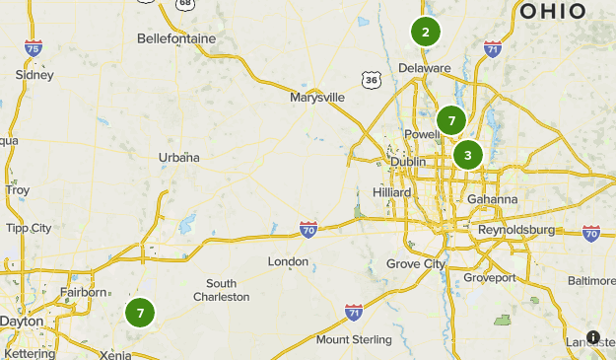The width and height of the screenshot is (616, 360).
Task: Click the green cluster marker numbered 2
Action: (x=425, y=32)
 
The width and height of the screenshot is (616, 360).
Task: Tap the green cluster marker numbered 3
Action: (x=467, y=154)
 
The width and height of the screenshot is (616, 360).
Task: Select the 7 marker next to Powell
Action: (x=451, y=120)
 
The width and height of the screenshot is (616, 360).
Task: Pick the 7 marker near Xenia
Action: (x=140, y=313)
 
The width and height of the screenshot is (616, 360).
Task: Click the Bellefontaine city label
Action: (x=177, y=38)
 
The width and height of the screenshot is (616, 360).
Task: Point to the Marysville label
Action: (x=317, y=98)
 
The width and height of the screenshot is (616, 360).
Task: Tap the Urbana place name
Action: (x=179, y=157)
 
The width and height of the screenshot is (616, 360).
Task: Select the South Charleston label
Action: (x=221, y=290)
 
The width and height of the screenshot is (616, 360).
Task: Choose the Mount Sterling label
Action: (x=353, y=340)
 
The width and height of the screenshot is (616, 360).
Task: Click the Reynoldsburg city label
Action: (x=517, y=230)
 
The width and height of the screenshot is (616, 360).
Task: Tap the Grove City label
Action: (x=416, y=263)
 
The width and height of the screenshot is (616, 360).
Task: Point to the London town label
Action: (x=288, y=261)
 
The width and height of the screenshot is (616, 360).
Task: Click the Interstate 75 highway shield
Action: (x=34, y=47)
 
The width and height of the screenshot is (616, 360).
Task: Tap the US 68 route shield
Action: (x=184, y=4)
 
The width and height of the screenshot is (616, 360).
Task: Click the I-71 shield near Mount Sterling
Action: (x=354, y=312)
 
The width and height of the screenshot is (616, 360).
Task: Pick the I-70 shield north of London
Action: (x=308, y=229)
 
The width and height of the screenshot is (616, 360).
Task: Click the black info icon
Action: (x=593, y=337)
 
